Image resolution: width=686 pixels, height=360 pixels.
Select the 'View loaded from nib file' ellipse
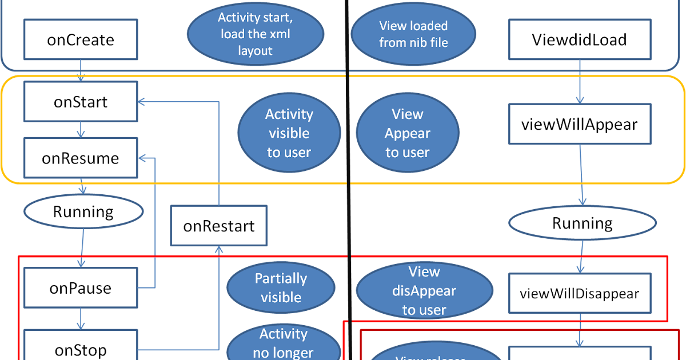pyautogui.click(x=413, y=34)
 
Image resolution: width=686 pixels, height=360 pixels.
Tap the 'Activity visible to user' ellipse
pyautogui.click(x=289, y=133)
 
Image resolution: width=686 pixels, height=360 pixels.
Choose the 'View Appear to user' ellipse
pyautogui.click(x=408, y=133)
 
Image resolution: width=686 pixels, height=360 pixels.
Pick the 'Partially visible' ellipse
pyautogui.click(x=281, y=287)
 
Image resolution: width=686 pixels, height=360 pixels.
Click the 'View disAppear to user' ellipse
pyautogui.click(x=424, y=290)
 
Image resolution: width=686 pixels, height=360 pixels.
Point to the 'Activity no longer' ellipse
pyautogui.click(x=283, y=343)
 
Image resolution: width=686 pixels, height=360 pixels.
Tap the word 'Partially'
pyautogui.click(x=281, y=278)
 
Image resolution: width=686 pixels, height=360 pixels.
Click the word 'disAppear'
pyautogui.click(x=424, y=291)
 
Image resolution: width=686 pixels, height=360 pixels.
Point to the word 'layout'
pyautogui.click(x=256, y=50)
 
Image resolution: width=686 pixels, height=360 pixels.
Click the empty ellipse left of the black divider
pyautogui.click(x=83, y=212)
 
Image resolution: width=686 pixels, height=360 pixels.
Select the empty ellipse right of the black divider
pyautogui.click(x=582, y=223)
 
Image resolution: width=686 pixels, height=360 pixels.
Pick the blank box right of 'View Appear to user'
pyautogui.click(x=580, y=123)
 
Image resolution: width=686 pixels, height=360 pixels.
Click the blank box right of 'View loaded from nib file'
pyautogui.click(x=580, y=39)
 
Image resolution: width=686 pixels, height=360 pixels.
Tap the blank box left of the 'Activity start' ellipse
pyautogui.click(x=81, y=39)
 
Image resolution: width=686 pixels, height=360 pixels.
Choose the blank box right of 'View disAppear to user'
pyautogui.click(x=580, y=293)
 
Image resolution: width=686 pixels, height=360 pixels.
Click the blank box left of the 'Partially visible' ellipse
pyautogui.click(x=81, y=287)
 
